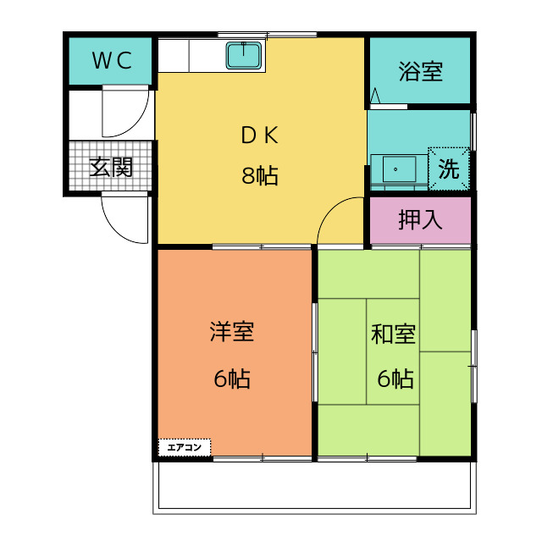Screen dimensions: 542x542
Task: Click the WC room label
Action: tap(112, 60)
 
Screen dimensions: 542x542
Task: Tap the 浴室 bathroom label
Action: tap(420, 71)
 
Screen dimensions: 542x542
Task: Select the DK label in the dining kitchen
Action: tap(259, 135)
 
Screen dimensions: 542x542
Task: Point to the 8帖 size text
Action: tap(259, 176)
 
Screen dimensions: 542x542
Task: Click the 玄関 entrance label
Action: tap(110, 167)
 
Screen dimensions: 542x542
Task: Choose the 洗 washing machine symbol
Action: tap(448, 169)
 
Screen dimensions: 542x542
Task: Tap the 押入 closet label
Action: tap(420, 219)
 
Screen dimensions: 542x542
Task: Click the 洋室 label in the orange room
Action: tap(232, 331)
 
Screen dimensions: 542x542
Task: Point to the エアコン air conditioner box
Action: tap(184, 446)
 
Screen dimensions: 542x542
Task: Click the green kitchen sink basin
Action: tap(246, 56)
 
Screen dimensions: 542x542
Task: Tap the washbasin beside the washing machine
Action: tap(397, 169)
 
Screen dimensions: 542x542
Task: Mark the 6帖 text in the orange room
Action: tap(232, 379)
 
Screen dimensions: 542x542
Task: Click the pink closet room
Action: tap(420, 219)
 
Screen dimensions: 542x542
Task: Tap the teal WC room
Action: tap(110, 60)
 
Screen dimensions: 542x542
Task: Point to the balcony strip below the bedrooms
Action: tap(312, 487)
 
